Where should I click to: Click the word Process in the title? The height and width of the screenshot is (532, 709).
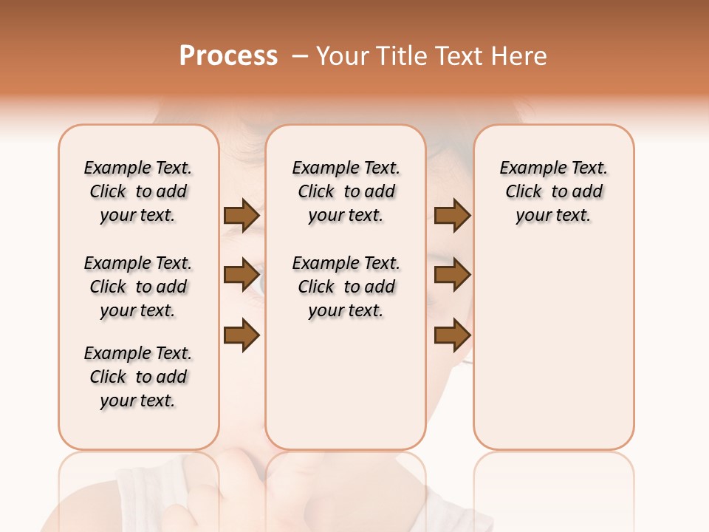tap(228, 55)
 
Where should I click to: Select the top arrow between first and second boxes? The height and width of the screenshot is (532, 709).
tap(242, 216)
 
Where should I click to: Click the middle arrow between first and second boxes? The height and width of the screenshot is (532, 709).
tap(242, 275)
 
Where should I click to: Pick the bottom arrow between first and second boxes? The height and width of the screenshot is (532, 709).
tap(242, 335)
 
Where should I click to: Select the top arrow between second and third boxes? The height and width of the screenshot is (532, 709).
tap(452, 216)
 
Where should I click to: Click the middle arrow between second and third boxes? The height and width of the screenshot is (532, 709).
tap(452, 275)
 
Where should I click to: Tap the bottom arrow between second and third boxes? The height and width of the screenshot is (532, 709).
tap(452, 335)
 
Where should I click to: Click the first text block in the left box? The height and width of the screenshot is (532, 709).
tap(138, 191)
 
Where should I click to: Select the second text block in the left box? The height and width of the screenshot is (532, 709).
tap(138, 287)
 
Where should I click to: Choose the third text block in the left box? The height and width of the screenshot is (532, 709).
tap(138, 377)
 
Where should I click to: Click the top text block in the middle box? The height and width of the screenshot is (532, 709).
tap(346, 191)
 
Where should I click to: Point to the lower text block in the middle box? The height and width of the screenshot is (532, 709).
tap(346, 287)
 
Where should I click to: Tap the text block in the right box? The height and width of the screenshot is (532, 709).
tap(553, 191)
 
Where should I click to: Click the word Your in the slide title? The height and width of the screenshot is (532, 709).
tap(341, 55)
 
